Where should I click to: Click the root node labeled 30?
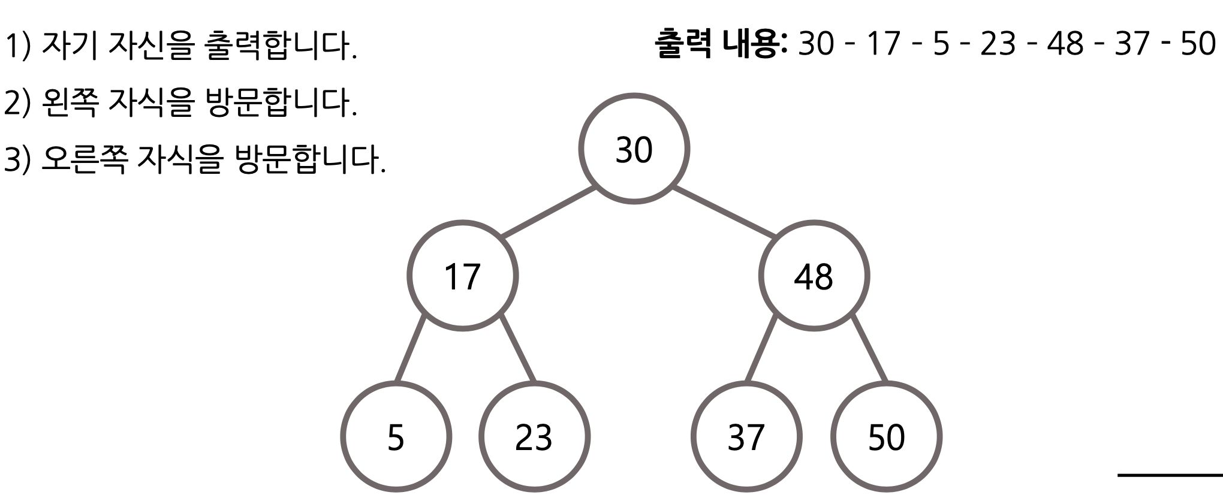click(634, 149)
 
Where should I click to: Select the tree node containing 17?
click(462, 276)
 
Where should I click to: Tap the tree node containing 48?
click(814, 276)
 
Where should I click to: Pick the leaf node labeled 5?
click(396, 437)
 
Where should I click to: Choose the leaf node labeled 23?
click(534, 437)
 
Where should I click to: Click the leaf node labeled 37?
click(746, 437)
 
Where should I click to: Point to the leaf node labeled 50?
click(886, 437)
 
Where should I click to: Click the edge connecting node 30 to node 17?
click(549, 213)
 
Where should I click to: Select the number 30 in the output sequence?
click(816, 43)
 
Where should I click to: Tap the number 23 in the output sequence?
click(998, 43)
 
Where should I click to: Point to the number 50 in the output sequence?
click(1198, 43)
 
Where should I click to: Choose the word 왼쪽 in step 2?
click(70, 102)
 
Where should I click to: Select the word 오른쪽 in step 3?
click(84, 159)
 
